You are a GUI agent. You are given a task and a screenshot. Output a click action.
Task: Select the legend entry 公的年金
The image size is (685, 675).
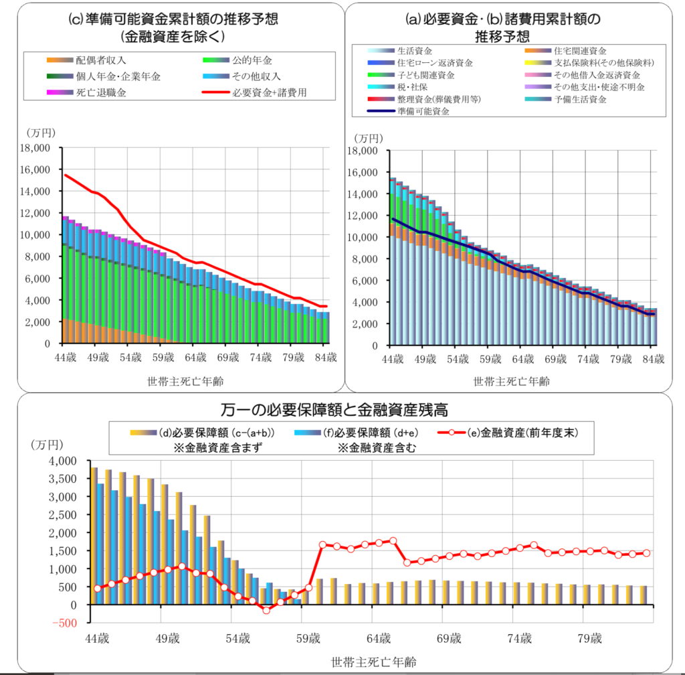[252, 60]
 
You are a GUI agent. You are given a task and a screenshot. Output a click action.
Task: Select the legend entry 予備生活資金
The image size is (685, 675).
[579, 99]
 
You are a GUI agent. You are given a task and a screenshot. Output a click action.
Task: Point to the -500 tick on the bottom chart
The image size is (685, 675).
[64, 623]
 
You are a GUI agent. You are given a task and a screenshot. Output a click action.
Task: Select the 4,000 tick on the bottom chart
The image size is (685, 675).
[64, 461]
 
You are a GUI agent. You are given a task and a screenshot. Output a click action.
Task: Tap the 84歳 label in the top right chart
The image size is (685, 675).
[652, 360]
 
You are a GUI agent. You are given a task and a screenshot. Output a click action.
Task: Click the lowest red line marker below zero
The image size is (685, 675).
[266, 610]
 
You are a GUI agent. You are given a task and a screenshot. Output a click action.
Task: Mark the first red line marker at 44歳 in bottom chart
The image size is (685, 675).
[98, 589]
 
